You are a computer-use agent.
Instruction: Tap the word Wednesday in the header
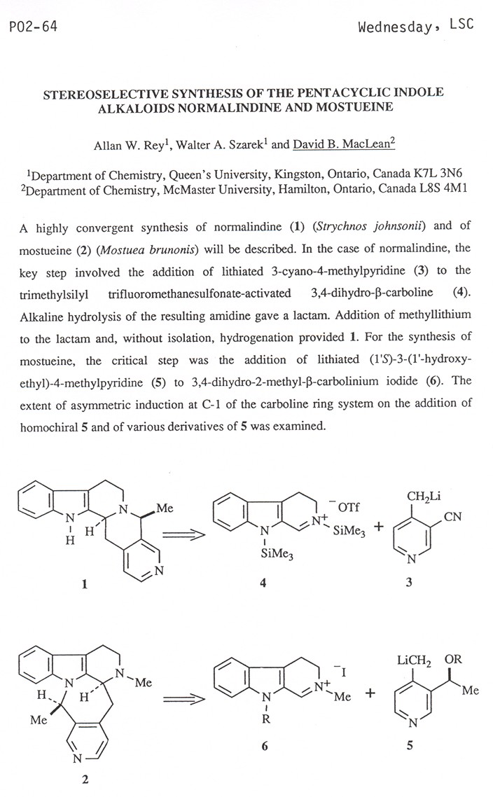click(x=389, y=27)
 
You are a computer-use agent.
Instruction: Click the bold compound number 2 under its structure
click(x=85, y=781)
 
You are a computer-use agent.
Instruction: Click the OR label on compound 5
click(x=453, y=660)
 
